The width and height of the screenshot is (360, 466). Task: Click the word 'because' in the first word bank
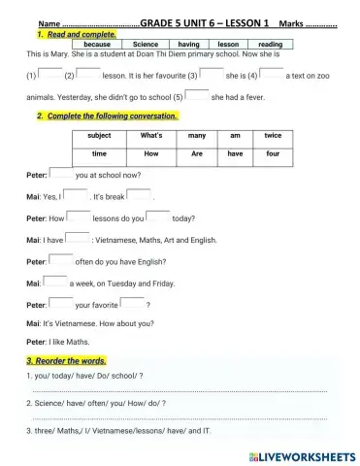click(97, 45)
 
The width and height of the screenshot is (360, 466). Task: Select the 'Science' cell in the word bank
click(145, 45)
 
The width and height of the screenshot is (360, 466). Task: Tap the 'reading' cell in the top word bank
click(271, 45)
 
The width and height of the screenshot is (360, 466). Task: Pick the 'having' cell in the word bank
click(188, 45)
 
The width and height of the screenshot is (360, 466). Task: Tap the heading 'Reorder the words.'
click(68, 361)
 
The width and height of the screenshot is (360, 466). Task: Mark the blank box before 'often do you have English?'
click(60, 259)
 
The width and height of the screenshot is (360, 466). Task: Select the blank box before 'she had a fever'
click(197, 95)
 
